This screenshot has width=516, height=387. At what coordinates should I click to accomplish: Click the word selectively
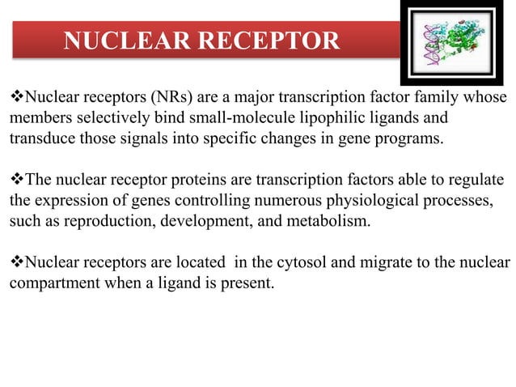pos(107,118)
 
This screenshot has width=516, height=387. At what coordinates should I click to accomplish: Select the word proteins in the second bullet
pos(203,178)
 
